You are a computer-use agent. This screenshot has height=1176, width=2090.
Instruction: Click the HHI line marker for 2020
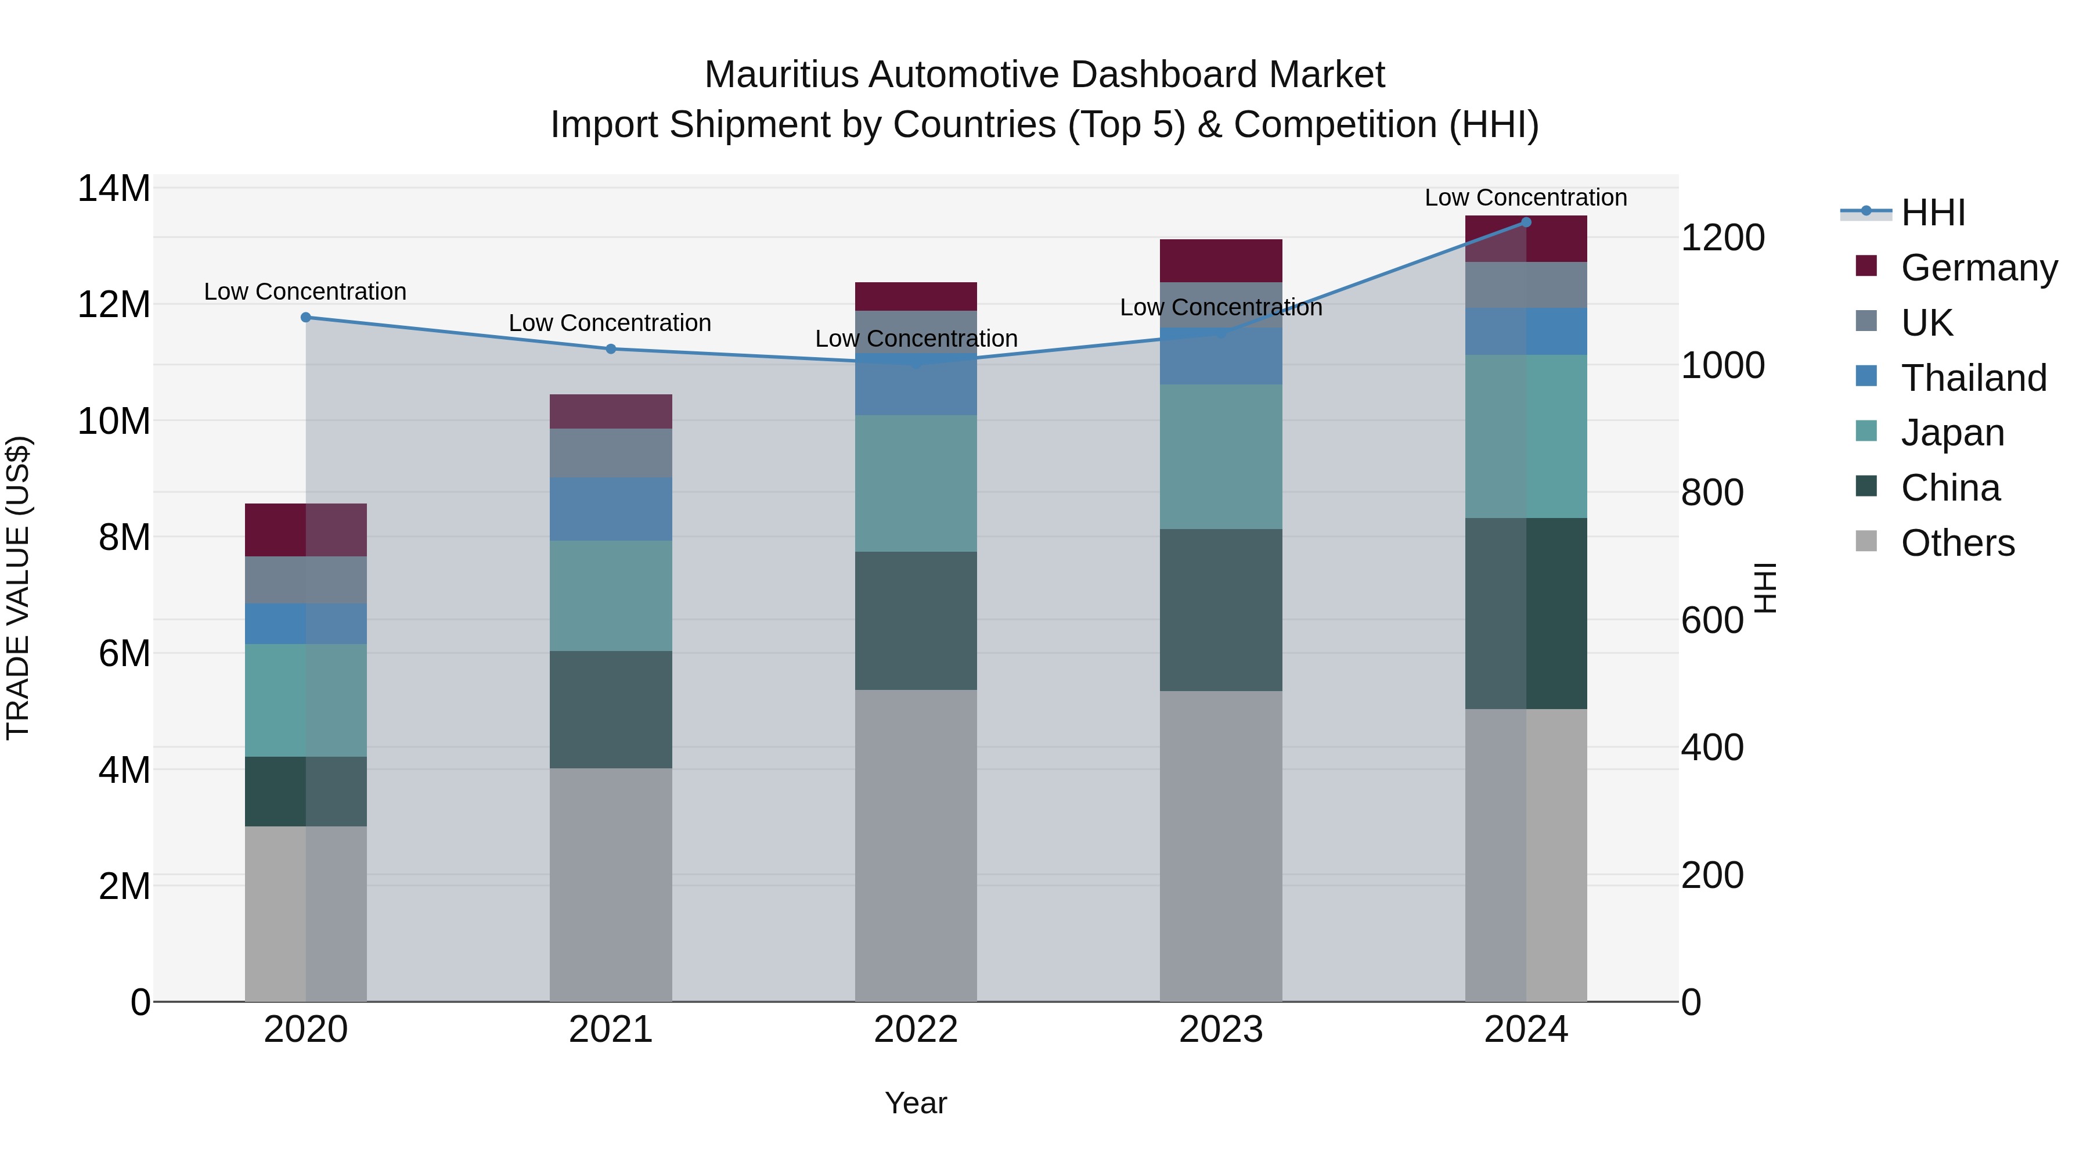[x=306, y=317]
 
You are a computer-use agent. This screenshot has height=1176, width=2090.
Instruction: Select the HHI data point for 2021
[x=611, y=349]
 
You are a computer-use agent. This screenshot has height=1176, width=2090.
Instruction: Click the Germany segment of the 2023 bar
[x=1220, y=261]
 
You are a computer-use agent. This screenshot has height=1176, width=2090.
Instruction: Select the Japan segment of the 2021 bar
[x=611, y=596]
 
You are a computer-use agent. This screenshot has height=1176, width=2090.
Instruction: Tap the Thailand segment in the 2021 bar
[x=611, y=509]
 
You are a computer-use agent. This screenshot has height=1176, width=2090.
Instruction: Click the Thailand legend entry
[x=1973, y=378]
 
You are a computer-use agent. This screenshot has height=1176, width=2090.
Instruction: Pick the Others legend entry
[x=1957, y=543]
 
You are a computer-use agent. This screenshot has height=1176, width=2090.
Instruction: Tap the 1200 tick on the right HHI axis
[x=1722, y=238]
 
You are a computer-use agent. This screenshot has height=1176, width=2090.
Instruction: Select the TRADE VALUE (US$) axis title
[x=18, y=588]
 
